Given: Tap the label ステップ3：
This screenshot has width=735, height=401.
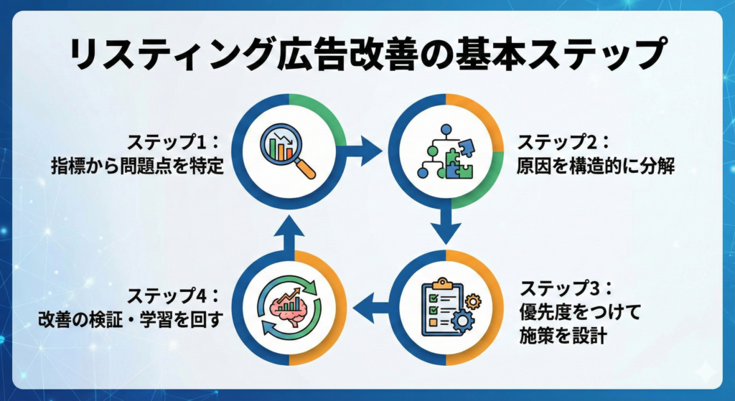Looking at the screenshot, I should (566, 288).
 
